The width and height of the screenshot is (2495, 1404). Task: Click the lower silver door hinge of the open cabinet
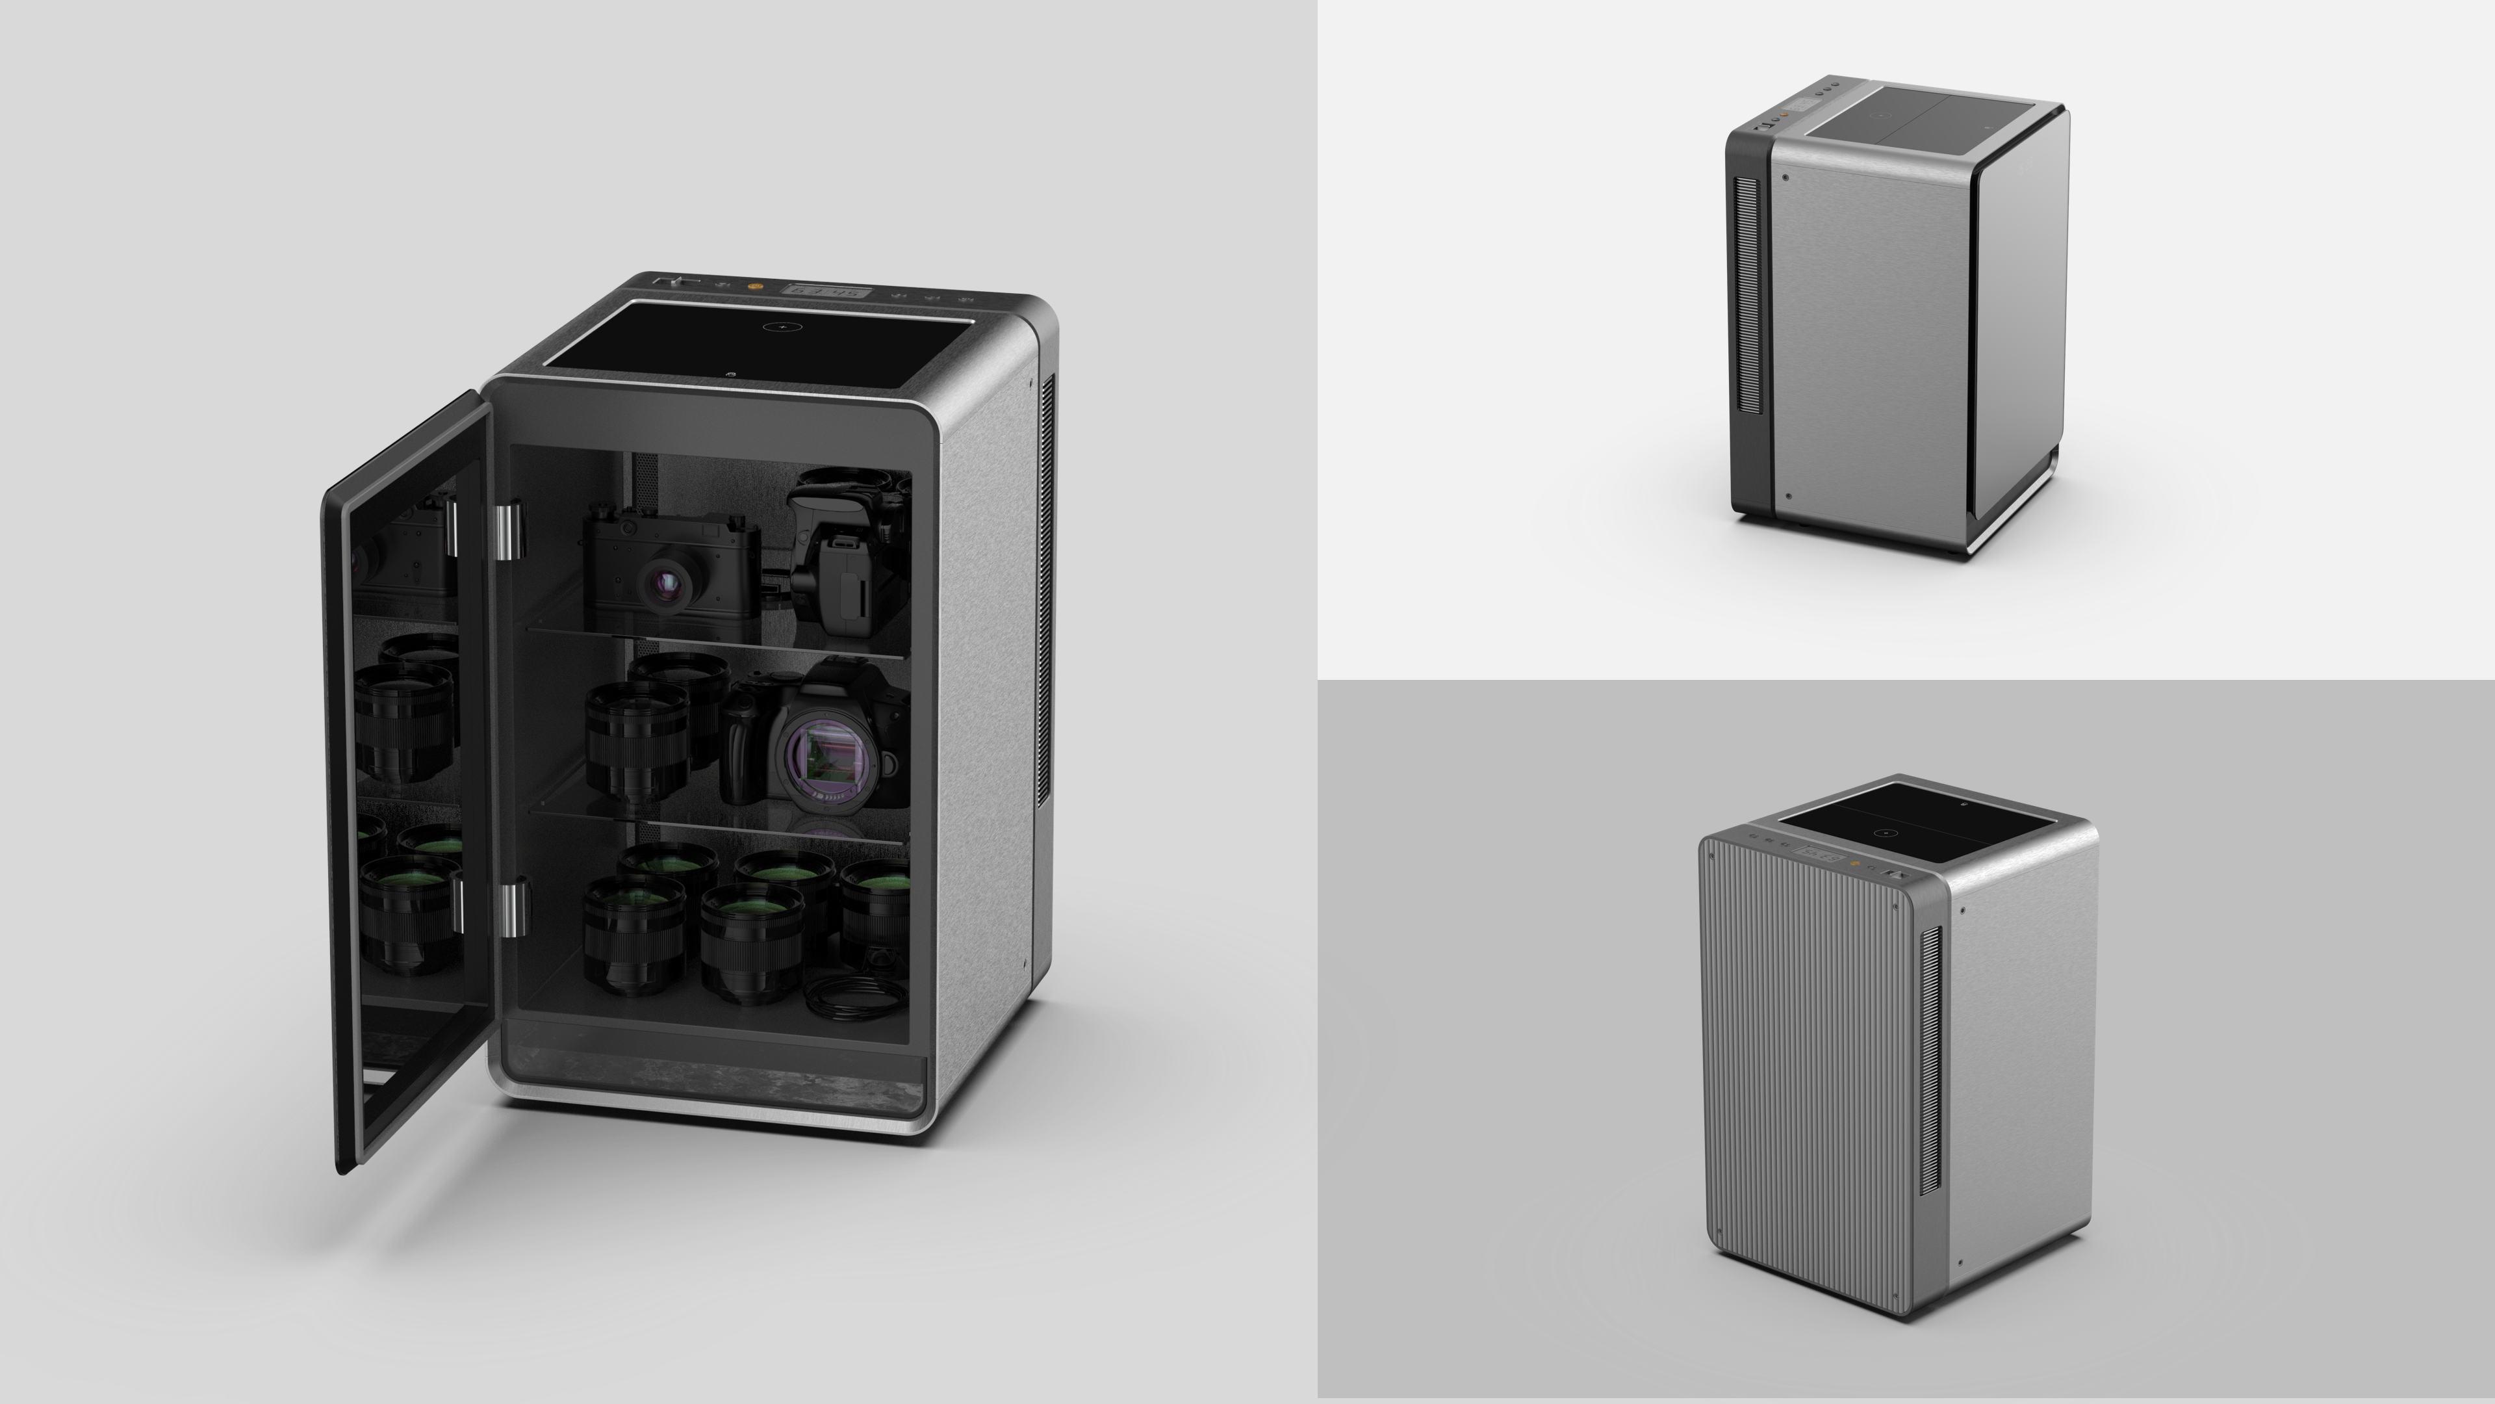513,907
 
